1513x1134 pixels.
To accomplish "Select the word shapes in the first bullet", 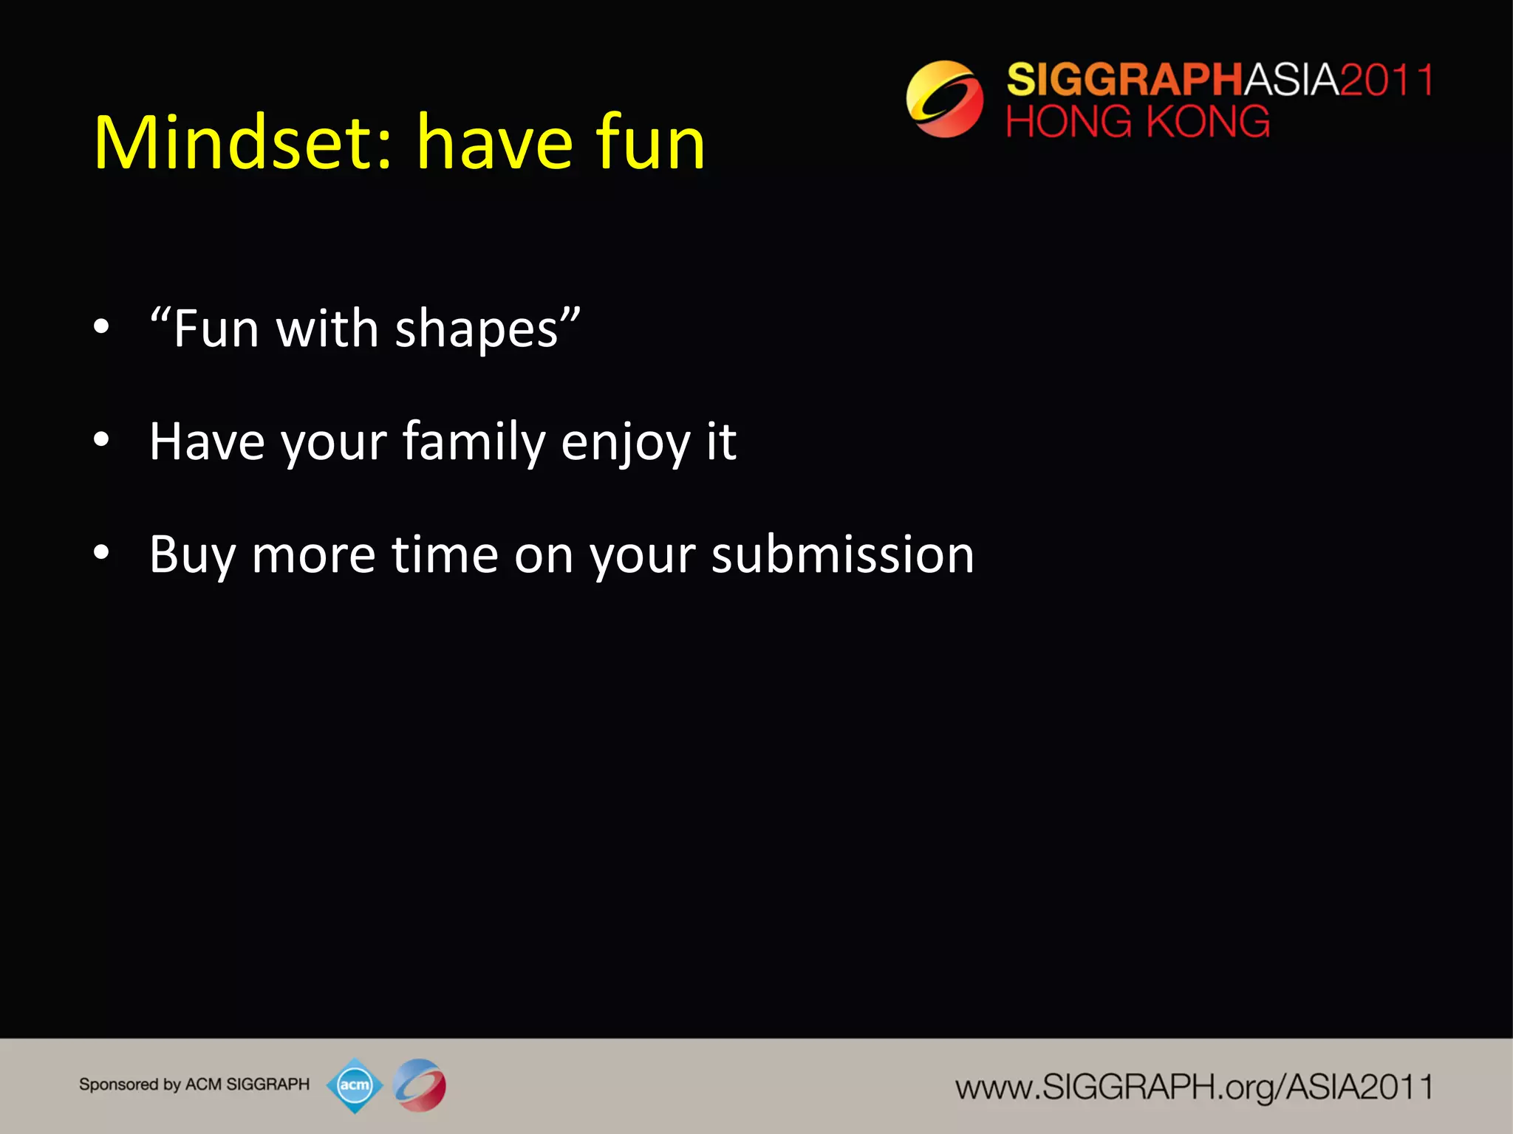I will (x=477, y=329).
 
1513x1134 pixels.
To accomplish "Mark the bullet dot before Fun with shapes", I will (x=102, y=326).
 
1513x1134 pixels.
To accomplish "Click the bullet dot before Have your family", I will (x=102, y=440).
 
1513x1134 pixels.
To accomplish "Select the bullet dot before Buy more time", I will (x=102, y=552).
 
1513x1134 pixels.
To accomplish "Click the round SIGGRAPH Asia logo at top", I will (x=944, y=99).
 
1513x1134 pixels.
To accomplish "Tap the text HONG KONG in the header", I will (x=1138, y=122).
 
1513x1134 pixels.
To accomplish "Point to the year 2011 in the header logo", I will (x=1386, y=80).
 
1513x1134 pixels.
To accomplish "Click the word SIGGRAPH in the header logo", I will (x=1124, y=80).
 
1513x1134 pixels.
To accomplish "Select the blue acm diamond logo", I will (x=355, y=1085).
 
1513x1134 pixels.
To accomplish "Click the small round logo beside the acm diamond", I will (x=420, y=1085).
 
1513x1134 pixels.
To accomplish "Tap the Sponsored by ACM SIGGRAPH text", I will (x=194, y=1085).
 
